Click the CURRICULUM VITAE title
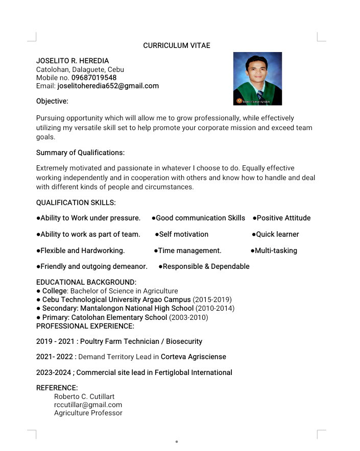(x=176, y=45)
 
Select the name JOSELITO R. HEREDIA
(x=72, y=61)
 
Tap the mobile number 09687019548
(x=94, y=78)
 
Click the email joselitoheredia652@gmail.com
(x=108, y=86)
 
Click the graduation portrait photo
(x=257, y=79)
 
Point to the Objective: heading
(x=52, y=102)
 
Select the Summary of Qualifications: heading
(x=80, y=153)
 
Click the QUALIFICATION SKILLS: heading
(x=76, y=203)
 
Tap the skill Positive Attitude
(x=283, y=218)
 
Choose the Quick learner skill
(x=277, y=234)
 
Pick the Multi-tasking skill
(x=276, y=250)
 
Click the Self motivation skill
(x=183, y=234)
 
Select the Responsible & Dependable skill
(x=206, y=266)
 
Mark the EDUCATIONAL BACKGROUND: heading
(x=86, y=282)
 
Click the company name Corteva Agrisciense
(x=194, y=357)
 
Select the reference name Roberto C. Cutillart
(x=84, y=396)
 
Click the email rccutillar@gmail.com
(x=88, y=405)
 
